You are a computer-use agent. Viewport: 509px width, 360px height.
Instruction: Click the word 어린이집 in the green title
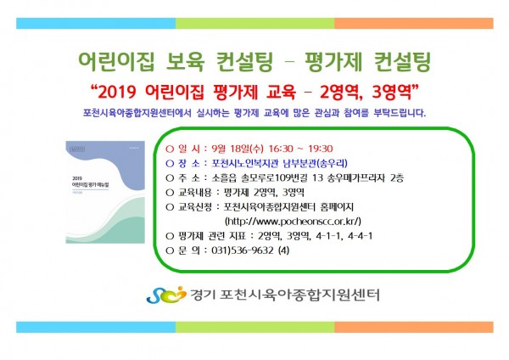click(x=116, y=61)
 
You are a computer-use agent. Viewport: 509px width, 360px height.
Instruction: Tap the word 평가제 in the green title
click(x=333, y=61)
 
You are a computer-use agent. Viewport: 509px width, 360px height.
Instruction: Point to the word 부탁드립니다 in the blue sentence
click(x=400, y=113)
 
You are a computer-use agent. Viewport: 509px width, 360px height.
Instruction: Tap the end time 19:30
click(x=320, y=149)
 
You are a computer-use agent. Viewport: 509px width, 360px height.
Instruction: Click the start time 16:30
click(x=281, y=149)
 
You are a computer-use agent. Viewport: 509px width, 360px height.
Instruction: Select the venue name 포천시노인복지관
click(x=245, y=163)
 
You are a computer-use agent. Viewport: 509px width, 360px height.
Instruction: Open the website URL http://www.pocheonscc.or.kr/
click(x=293, y=222)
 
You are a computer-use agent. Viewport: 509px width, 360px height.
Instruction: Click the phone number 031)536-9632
click(x=243, y=250)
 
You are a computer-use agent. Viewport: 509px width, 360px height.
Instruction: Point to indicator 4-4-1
click(x=360, y=235)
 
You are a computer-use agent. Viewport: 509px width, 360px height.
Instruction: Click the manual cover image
click(x=105, y=192)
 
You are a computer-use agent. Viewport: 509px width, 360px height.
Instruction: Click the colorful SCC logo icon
click(x=166, y=295)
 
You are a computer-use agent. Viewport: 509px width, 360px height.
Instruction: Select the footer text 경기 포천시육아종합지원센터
click(x=285, y=295)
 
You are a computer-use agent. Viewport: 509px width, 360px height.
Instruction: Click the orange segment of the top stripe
click(x=414, y=24)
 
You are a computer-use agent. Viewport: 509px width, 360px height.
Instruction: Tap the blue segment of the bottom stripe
click(x=96, y=327)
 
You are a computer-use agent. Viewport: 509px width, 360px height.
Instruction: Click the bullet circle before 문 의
click(x=170, y=250)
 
